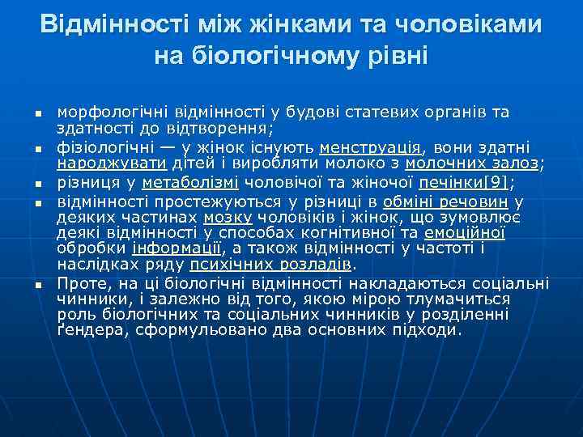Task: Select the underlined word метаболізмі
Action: pos(198,180)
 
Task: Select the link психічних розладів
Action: pos(271,265)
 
